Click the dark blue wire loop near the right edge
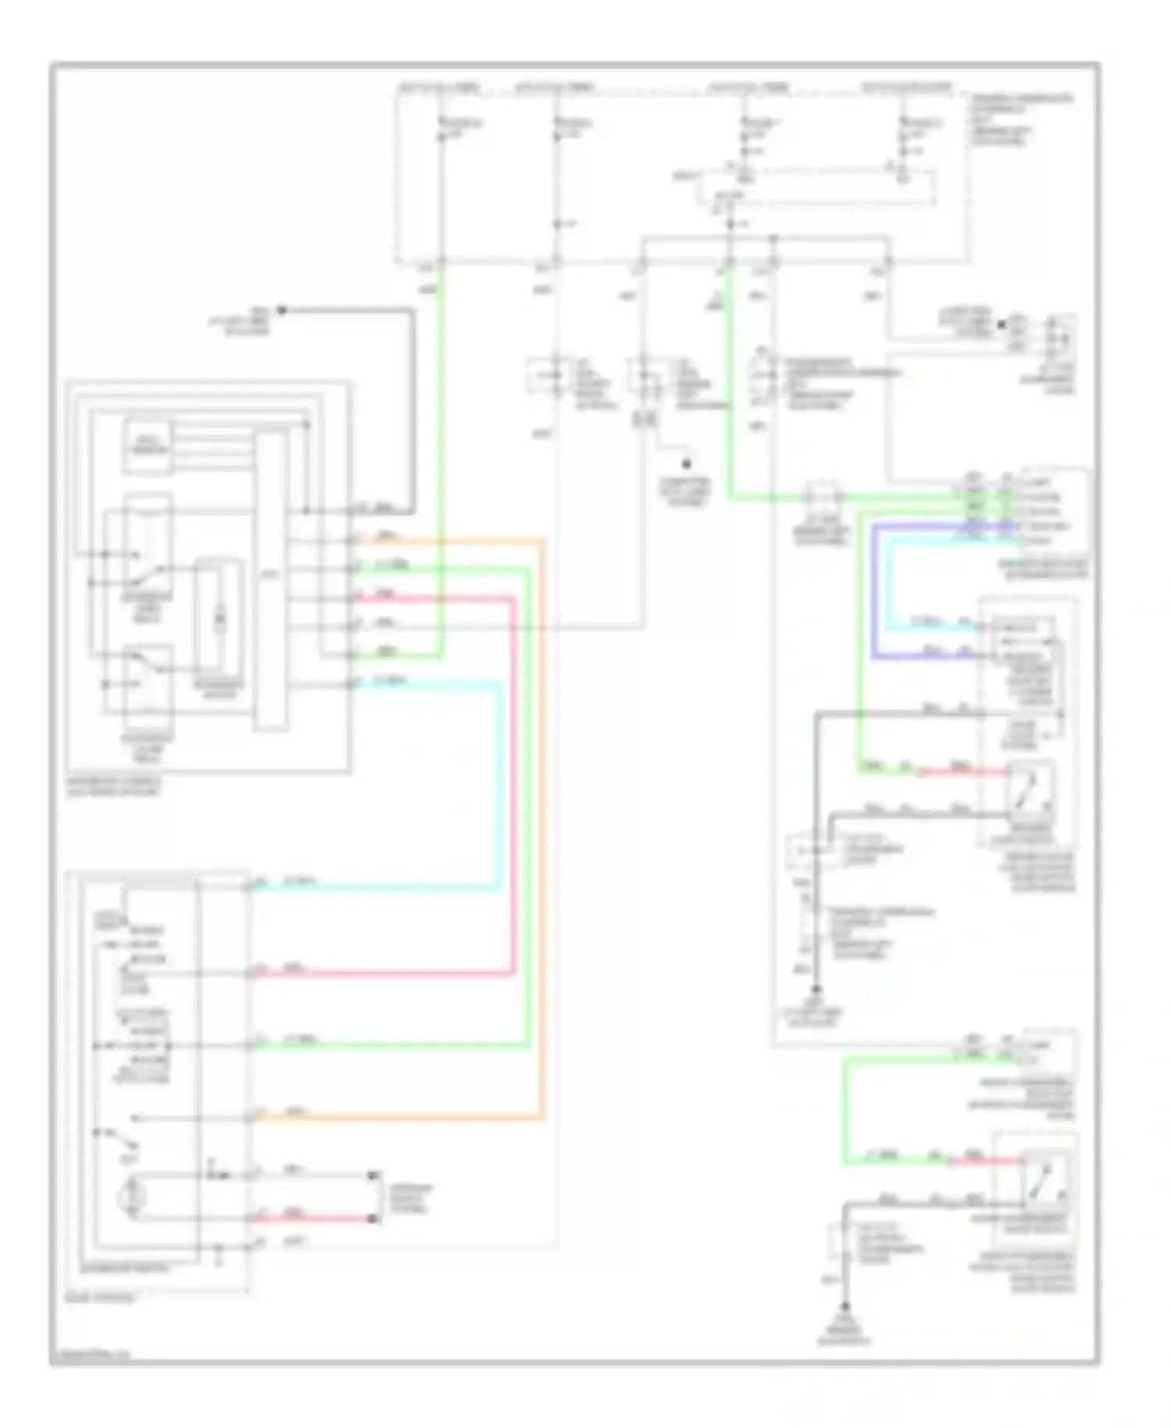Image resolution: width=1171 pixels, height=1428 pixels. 874,594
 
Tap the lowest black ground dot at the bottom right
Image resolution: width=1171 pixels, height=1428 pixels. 845,1306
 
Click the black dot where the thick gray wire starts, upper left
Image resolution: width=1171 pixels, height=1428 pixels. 283,310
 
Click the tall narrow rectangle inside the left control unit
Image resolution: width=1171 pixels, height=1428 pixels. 271,582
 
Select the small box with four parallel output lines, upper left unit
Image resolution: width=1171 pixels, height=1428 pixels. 147,447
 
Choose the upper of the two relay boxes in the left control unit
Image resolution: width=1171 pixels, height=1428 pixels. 147,547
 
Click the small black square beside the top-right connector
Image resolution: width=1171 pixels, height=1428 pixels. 1002,323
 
